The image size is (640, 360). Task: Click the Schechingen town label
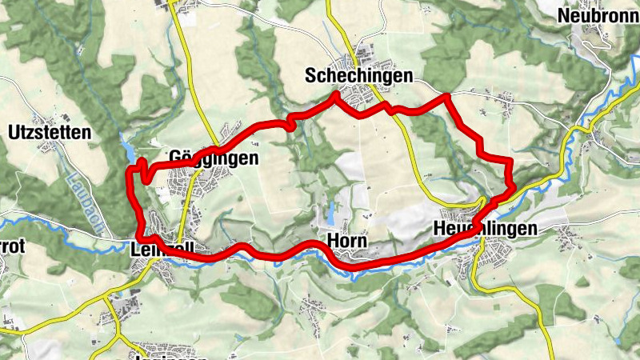coord(358,76)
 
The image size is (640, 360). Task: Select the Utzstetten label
coord(50,132)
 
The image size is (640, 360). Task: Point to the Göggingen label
coord(214,158)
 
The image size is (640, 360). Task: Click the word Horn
coord(347,240)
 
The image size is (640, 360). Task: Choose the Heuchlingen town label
coord(485,229)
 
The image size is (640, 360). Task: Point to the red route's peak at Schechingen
coord(335,95)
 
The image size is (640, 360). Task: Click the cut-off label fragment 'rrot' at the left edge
coord(13,247)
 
